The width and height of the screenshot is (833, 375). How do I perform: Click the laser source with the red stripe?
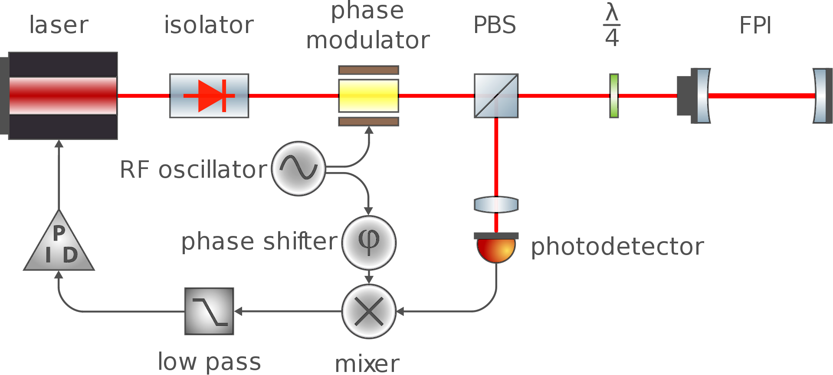click(x=63, y=96)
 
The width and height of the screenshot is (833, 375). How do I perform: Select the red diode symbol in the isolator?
click(x=210, y=96)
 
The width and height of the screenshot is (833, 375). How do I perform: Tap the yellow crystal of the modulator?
click(x=368, y=96)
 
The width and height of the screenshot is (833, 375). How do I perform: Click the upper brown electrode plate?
click(x=368, y=70)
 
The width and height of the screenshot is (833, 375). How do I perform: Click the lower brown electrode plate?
click(x=368, y=122)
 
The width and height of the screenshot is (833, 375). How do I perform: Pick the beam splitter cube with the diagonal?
click(x=496, y=96)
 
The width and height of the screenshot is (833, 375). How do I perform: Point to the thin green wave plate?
click(x=614, y=96)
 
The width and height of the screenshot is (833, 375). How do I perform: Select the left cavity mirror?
click(x=703, y=96)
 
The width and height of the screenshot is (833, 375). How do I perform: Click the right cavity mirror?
click(x=820, y=96)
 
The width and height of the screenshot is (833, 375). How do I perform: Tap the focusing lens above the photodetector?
click(x=496, y=205)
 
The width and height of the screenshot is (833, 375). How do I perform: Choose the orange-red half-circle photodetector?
click(x=496, y=249)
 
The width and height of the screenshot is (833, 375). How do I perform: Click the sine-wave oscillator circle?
click(x=298, y=169)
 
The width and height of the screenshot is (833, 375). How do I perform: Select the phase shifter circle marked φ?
click(x=369, y=242)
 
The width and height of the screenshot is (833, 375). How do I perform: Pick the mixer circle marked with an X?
click(x=369, y=311)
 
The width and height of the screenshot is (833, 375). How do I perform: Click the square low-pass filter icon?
click(x=209, y=311)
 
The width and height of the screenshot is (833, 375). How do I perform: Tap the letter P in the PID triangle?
click(x=59, y=233)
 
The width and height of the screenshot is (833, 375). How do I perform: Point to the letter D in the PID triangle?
click(x=70, y=255)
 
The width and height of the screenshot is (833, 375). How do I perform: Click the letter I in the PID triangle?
click(x=48, y=255)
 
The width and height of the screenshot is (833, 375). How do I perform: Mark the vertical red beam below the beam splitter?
click(x=496, y=156)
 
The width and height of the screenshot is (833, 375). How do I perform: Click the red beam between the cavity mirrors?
click(x=761, y=96)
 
